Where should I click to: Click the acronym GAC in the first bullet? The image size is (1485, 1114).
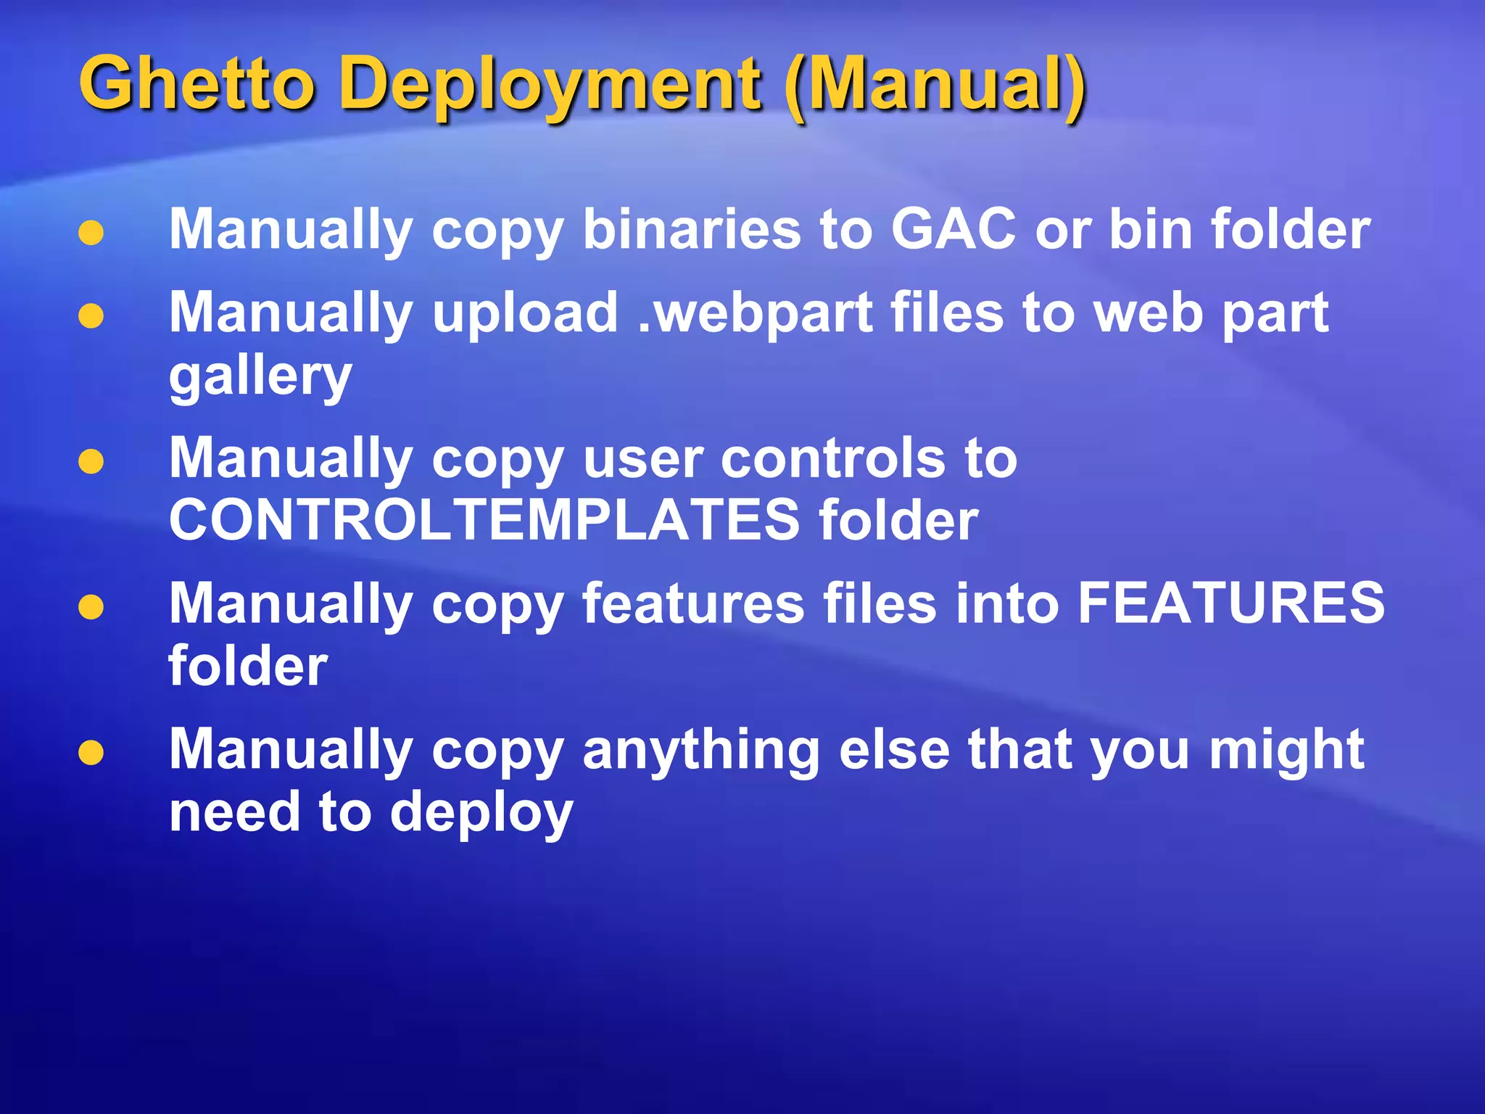[x=953, y=229]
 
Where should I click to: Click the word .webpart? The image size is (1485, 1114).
[x=755, y=314]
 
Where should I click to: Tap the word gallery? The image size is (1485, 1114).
[x=260, y=377]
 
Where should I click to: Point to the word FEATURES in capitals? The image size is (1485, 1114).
[x=1230, y=603]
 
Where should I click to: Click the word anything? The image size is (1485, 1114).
[x=700, y=750]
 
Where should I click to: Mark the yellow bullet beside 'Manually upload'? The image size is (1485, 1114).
[x=91, y=316]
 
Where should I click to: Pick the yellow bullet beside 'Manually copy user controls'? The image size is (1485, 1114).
[x=91, y=462]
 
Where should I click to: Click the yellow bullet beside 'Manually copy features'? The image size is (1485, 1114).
[x=91, y=607]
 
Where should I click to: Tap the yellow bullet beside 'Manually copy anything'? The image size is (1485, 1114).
[x=91, y=753]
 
